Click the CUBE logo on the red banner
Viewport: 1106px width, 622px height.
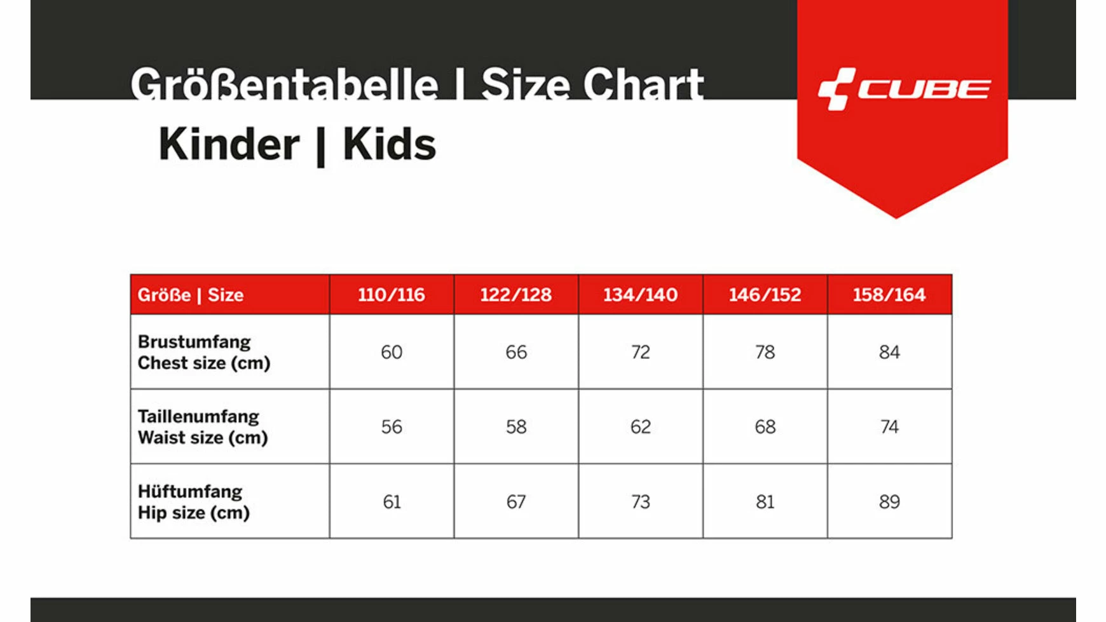pos(904,89)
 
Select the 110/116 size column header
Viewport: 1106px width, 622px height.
pos(392,295)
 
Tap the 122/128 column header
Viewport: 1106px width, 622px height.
pos(516,295)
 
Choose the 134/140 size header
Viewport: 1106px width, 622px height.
pos(641,295)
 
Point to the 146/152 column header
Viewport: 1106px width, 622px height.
pos(765,295)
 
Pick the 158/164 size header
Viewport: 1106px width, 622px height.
pos(889,295)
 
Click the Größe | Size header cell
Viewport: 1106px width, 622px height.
pos(191,295)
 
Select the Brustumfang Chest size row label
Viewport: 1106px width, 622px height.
pos(204,352)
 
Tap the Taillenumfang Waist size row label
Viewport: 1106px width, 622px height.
pos(203,427)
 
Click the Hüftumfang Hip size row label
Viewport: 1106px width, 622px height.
pos(194,502)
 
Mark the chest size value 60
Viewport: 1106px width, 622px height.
pos(392,352)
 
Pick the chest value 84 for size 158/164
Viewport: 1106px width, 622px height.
pos(889,352)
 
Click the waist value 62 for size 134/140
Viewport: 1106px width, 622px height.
pos(641,427)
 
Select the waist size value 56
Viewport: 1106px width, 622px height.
pos(392,427)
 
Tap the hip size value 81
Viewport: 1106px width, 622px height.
pos(765,502)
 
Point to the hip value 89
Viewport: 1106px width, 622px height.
pos(889,502)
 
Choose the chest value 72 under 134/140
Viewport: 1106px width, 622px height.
pos(641,352)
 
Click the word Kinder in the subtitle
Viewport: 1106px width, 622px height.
pos(229,144)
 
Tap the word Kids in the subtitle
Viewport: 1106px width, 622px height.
pos(390,144)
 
